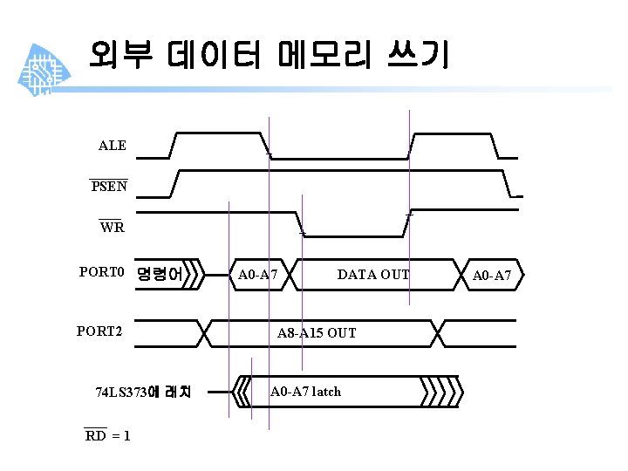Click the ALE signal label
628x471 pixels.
(x=113, y=146)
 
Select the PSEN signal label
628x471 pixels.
(x=109, y=186)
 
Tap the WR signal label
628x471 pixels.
(x=112, y=228)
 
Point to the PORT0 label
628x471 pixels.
(x=103, y=272)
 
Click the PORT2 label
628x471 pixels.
(x=99, y=331)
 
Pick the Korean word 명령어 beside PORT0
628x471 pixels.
(x=160, y=275)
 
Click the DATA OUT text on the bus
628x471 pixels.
(x=372, y=275)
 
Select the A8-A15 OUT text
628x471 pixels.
(x=317, y=333)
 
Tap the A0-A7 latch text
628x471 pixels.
(x=305, y=392)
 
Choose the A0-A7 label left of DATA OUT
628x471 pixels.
(x=257, y=275)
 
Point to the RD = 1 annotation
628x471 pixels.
(x=107, y=436)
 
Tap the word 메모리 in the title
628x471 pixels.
(x=319, y=56)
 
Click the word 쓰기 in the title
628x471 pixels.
(x=420, y=56)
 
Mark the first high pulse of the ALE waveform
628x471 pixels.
(x=218, y=133)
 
